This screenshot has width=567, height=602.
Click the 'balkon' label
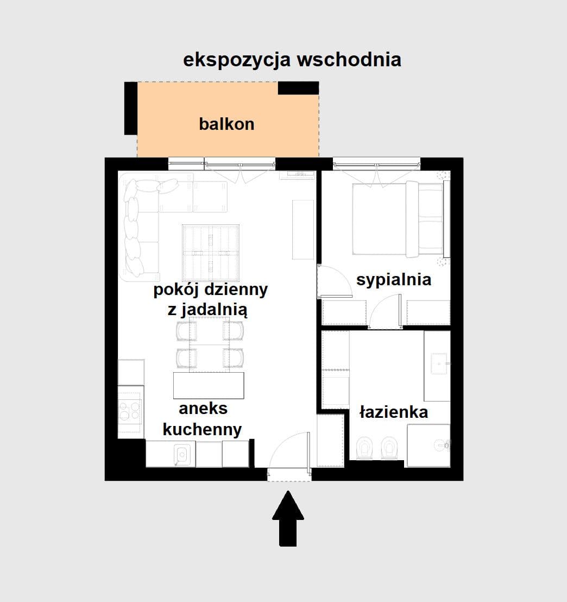click(226, 124)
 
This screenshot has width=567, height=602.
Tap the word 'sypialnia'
click(394, 279)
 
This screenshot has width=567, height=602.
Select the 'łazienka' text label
click(394, 412)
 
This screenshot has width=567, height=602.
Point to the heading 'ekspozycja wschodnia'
click(292, 59)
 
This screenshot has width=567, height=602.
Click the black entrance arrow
click(288, 518)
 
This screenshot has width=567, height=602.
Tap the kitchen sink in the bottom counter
click(181, 454)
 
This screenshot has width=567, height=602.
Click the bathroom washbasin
click(438, 363)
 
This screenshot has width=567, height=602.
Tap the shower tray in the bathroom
click(429, 445)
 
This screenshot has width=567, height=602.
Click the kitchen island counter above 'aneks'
click(209, 385)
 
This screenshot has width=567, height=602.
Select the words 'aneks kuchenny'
click(203, 419)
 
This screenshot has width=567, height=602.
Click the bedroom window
click(376, 162)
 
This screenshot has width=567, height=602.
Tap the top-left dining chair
click(186, 330)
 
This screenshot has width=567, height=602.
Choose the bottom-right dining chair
click(233, 357)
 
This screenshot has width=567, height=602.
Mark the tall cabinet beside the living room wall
click(303, 229)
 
